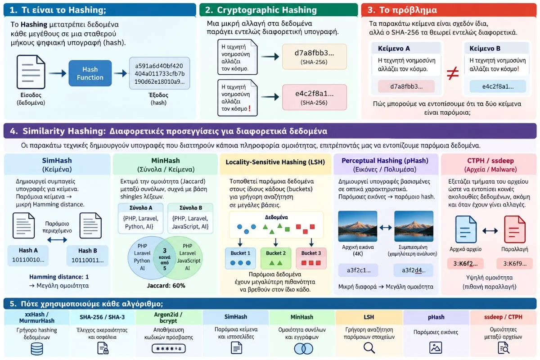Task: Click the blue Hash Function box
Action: click(x=90, y=73)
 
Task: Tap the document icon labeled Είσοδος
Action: click(x=31, y=72)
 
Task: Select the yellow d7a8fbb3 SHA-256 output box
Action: click(x=315, y=57)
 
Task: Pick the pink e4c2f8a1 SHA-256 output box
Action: click(x=315, y=97)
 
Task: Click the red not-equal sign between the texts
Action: click(x=453, y=73)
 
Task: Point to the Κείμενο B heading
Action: click(x=485, y=49)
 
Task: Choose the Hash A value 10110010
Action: click(x=28, y=260)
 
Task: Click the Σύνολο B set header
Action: click(x=191, y=208)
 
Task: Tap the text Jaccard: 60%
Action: click(x=166, y=286)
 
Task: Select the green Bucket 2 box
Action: click(x=276, y=258)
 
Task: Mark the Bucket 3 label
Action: click(x=311, y=253)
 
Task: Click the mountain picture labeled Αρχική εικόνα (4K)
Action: click(x=357, y=226)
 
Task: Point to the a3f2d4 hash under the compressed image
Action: click(x=414, y=270)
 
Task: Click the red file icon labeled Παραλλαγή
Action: click(x=515, y=229)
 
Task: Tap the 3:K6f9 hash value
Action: click(x=515, y=264)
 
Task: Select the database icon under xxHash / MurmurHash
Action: click(x=37, y=349)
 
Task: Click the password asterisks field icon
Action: click(x=168, y=349)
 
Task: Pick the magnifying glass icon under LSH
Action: click(x=369, y=348)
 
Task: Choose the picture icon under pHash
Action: click(x=436, y=348)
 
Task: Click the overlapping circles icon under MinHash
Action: click(x=303, y=349)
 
